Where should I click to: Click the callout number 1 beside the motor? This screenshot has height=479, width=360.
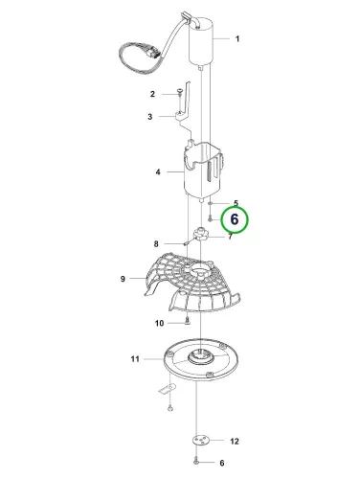click(x=237, y=38)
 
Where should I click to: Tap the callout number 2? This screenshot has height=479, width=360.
click(x=152, y=94)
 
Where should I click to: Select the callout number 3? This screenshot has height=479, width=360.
click(x=150, y=117)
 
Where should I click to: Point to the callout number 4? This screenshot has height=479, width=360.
click(x=158, y=172)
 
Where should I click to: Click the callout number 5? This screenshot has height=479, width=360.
click(x=236, y=203)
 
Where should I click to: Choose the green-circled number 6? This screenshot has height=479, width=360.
click(x=235, y=219)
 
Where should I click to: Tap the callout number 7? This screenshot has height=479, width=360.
click(x=230, y=237)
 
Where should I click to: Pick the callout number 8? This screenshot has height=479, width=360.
click(x=156, y=244)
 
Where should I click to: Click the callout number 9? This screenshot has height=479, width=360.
click(x=123, y=279)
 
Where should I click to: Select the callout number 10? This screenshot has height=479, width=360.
click(x=159, y=323)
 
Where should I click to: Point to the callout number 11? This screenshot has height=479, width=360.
click(x=135, y=359)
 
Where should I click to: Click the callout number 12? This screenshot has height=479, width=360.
click(x=235, y=442)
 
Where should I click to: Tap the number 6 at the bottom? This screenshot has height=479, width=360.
click(x=222, y=463)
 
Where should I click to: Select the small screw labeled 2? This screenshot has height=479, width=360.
click(x=180, y=93)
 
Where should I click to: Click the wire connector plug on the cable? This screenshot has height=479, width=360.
click(x=153, y=52)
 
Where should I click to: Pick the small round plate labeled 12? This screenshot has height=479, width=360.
click(x=200, y=441)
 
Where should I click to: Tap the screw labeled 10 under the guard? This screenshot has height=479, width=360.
click(x=188, y=320)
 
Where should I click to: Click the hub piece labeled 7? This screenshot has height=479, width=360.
click(x=200, y=235)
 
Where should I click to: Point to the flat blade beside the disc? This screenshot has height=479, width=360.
click(x=168, y=389)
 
